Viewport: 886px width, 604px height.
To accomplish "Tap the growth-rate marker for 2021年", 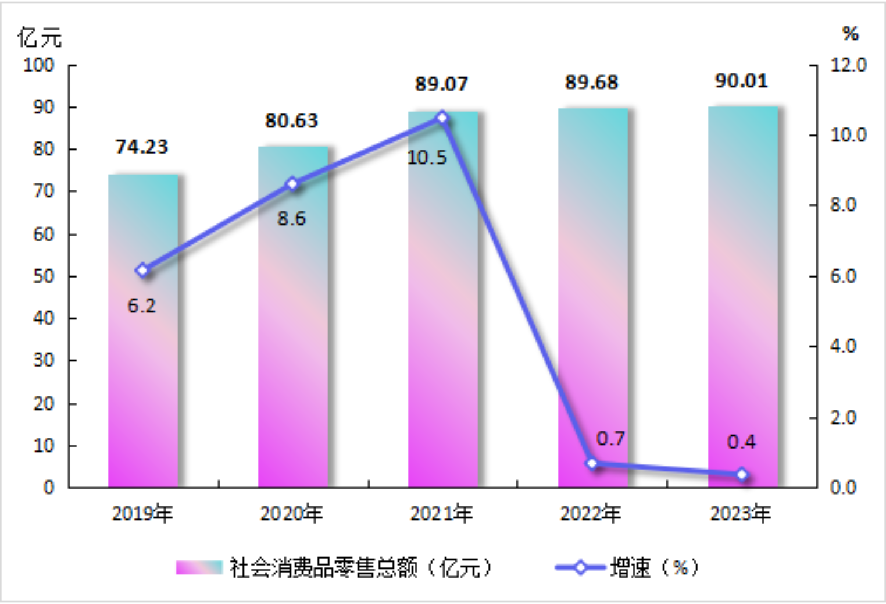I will tap(442, 118).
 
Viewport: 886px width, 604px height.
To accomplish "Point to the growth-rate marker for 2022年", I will tap(592, 463).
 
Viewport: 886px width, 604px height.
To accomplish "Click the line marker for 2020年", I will tap(292, 184).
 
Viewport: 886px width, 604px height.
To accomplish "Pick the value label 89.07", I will tap(441, 84).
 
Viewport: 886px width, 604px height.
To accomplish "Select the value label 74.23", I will tap(142, 147).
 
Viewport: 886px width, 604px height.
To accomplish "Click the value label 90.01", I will tap(741, 81).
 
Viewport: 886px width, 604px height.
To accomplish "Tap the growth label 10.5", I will tap(427, 158).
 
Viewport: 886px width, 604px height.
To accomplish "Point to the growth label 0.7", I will tap(610, 438).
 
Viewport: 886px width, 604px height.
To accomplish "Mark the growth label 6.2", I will tap(142, 305).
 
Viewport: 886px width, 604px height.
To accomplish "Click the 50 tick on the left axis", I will tap(44, 276).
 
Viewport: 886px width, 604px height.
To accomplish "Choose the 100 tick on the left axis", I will tap(39, 65).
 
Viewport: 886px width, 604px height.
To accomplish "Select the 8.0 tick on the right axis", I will tap(843, 205).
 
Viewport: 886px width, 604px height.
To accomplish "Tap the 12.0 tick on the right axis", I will tap(848, 65).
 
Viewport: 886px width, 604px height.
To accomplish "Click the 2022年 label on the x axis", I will tap(591, 514).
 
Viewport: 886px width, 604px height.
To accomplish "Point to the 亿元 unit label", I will tap(40, 37).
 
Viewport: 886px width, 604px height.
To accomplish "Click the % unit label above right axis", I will tap(851, 34).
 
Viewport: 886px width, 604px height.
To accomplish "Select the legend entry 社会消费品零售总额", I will tap(334, 567).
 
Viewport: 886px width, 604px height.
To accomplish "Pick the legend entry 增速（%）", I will tap(628, 567).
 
